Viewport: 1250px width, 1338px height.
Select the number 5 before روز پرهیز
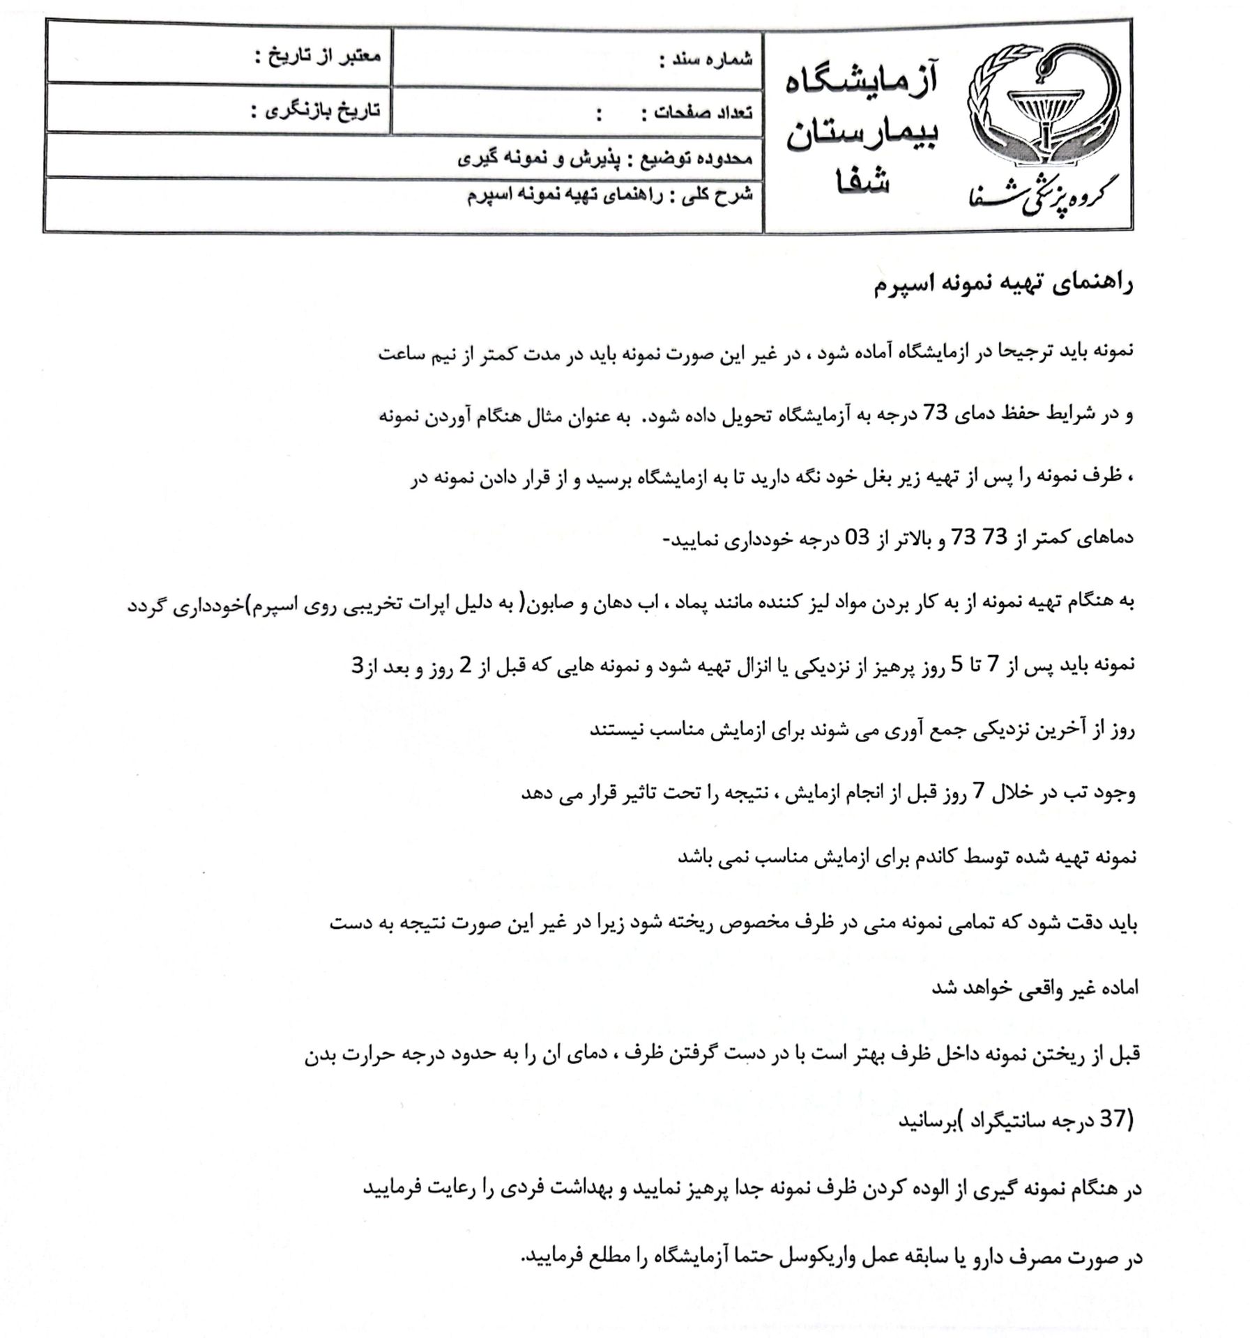pos(958,666)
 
